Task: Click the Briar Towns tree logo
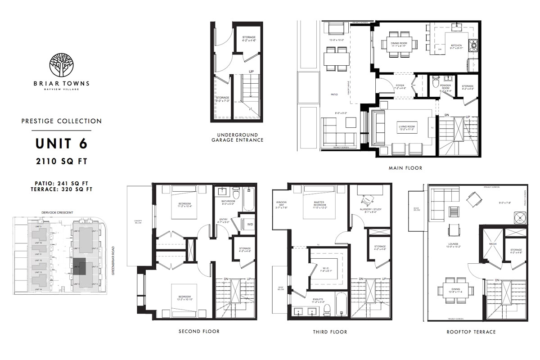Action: click(x=61, y=65)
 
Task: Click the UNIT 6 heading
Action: click(x=61, y=144)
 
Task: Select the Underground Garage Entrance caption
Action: click(x=237, y=137)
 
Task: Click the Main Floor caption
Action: click(x=405, y=168)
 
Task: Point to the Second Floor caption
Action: click(x=199, y=332)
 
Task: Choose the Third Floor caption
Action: click(x=330, y=332)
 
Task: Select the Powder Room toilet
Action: click(x=435, y=83)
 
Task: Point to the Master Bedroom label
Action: click(x=322, y=203)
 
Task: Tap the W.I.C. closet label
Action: click(x=326, y=270)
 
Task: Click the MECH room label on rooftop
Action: click(x=492, y=244)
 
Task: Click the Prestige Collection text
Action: click(x=61, y=121)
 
